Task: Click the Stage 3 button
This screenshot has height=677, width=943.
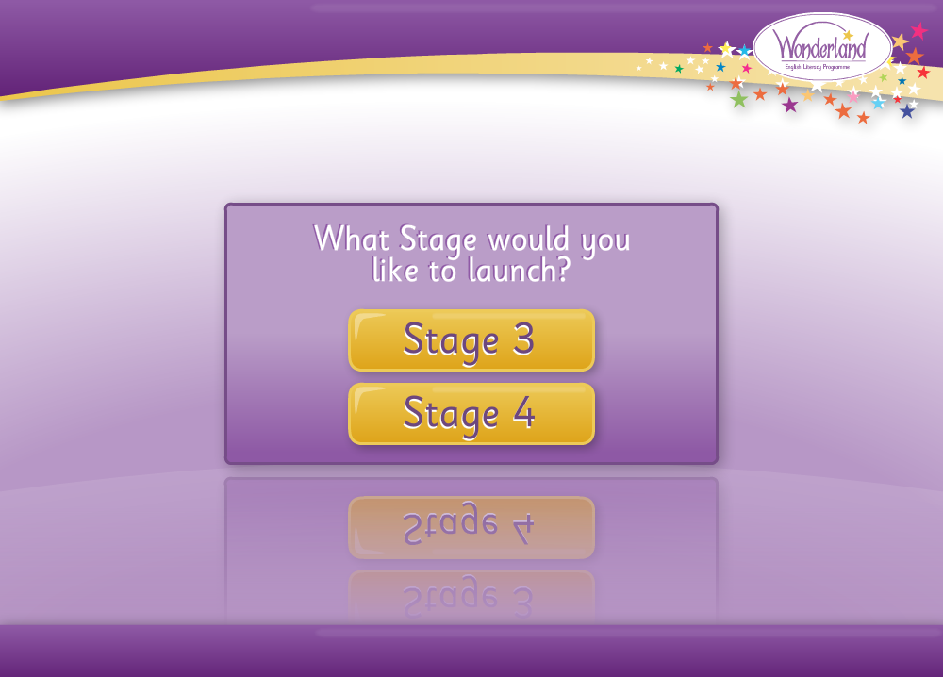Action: tap(471, 340)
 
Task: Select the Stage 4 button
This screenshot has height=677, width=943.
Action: tap(471, 414)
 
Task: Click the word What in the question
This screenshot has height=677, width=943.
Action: tap(351, 239)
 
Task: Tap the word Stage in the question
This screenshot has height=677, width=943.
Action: tap(438, 240)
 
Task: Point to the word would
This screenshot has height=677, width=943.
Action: tap(528, 239)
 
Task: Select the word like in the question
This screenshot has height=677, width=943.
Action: tap(395, 270)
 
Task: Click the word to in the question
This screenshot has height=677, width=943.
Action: tap(442, 272)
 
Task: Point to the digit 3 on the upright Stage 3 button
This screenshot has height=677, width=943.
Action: tap(523, 338)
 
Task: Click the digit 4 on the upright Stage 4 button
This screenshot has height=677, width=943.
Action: tap(523, 412)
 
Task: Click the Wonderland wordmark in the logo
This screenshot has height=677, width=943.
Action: tap(821, 45)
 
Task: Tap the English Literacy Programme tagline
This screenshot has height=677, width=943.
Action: tap(818, 67)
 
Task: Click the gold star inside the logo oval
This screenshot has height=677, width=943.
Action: tap(848, 35)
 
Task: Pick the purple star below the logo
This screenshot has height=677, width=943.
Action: tap(789, 106)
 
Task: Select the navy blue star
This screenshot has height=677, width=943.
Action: tap(907, 110)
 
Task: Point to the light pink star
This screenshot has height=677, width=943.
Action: tap(852, 95)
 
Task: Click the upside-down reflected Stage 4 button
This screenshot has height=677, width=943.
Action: tap(471, 527)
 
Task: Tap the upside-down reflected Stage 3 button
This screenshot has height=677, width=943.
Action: tap(471, 596)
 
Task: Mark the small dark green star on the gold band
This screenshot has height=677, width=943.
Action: tap(679, 69)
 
